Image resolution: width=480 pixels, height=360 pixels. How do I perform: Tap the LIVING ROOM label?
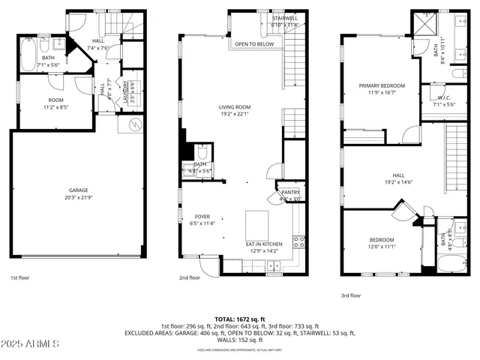(x=234, y=107)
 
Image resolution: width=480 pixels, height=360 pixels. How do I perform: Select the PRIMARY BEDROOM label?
(x=382, y=86)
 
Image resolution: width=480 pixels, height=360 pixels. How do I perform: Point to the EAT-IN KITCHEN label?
(x=265, y=244)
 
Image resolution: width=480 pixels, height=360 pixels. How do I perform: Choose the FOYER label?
(x=202, y=217)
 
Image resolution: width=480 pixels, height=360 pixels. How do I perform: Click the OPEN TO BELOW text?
(x=253, y=44)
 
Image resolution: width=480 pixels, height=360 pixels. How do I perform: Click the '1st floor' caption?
(x=19, y=277)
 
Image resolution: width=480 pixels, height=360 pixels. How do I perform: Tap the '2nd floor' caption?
(x=189, y=277)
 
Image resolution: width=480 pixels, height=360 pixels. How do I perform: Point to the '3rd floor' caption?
(x=351, y=295)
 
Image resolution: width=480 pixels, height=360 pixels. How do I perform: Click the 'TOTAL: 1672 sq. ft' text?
(x=239, y=319)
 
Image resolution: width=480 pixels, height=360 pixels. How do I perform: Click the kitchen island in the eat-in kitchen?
(x=257, y=222)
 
